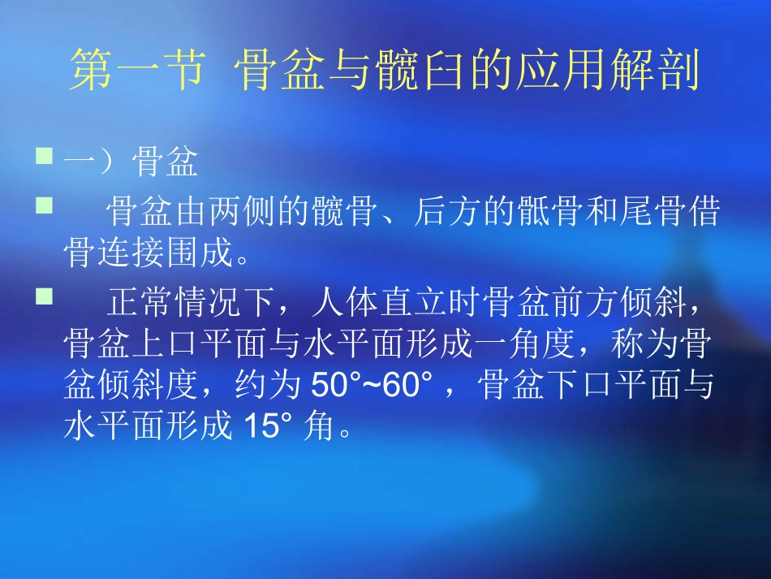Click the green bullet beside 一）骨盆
click(45, 154)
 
